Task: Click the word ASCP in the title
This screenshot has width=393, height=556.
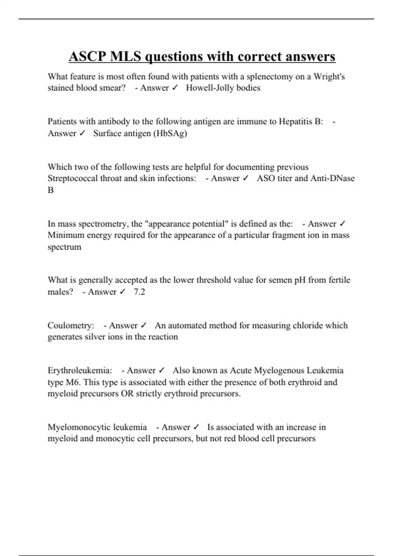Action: click(87, 56)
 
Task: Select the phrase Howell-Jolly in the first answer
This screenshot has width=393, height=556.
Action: click(210, 88)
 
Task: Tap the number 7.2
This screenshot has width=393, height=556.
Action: click(139, 291)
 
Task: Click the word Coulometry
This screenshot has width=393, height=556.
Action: click(71, 325)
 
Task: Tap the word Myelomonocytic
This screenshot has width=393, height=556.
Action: click(97, 427)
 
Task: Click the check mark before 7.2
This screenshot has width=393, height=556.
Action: click(122, 291)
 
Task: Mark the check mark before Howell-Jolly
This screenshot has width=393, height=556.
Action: click(175, 88)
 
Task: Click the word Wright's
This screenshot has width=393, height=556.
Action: click(329, 77)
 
